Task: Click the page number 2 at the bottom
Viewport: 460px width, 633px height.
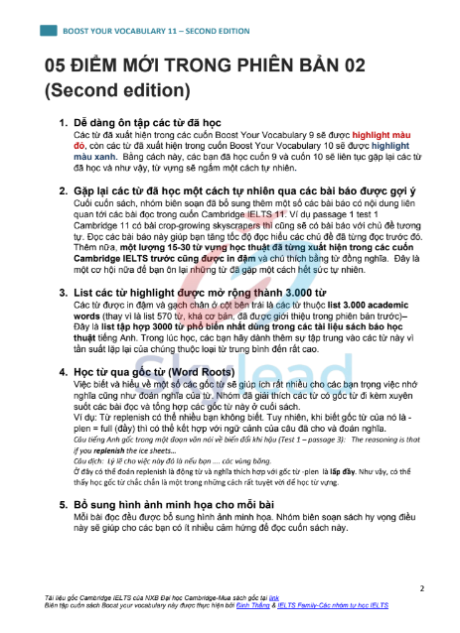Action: click(x=421, y=587)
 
